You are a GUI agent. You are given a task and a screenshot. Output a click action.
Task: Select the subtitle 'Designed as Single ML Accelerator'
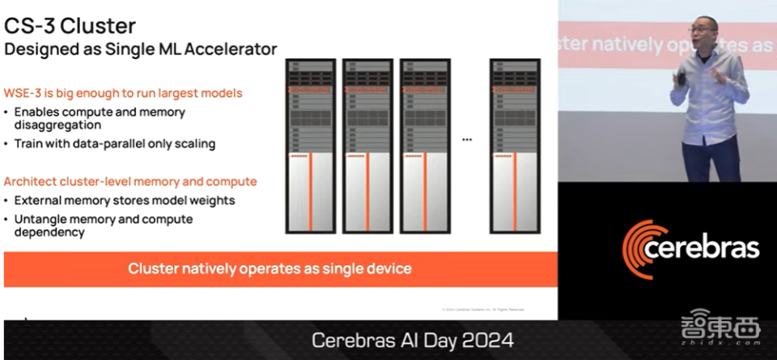coord(141,49)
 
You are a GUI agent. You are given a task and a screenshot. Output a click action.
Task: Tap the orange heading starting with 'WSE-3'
coord(123,93)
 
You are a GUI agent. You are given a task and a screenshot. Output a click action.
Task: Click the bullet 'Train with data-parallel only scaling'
coord(115,144)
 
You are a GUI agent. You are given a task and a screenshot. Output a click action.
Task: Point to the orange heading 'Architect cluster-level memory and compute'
coord(130,181)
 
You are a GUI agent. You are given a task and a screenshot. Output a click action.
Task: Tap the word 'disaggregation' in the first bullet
coord(57,125)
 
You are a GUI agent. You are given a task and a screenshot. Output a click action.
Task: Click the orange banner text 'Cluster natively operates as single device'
coord(270,269)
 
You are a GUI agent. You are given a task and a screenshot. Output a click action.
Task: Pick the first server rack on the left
coord(311,146)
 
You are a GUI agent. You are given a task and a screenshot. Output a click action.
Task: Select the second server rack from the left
coord(368,146)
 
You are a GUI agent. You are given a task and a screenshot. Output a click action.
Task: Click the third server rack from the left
coord(426,146)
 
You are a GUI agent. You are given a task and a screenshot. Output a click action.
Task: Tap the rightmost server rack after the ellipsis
coord(516,146)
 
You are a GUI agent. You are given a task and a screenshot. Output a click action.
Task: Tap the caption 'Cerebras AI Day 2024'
coord(412,341)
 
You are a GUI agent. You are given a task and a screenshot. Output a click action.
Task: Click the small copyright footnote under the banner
coord(483,309)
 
